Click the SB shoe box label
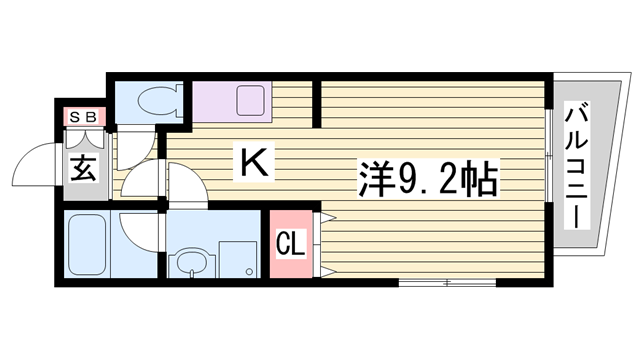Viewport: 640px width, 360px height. pyautogui.click(x=82, y=117)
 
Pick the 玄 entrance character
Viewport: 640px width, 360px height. pyautogui.click(x=83, y=167)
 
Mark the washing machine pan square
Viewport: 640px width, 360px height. pyautogui.click(x=237, y=258)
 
